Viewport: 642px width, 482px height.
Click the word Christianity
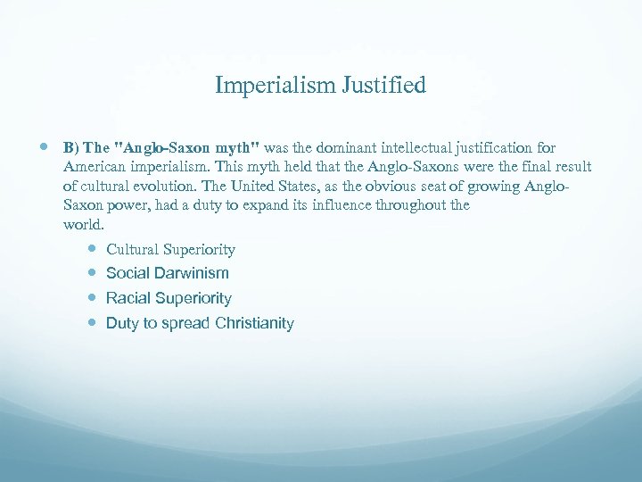tap(254, 323)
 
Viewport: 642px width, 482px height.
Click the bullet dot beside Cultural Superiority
tap(93, 249)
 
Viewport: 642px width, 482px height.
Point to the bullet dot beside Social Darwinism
tap(93, 273)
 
